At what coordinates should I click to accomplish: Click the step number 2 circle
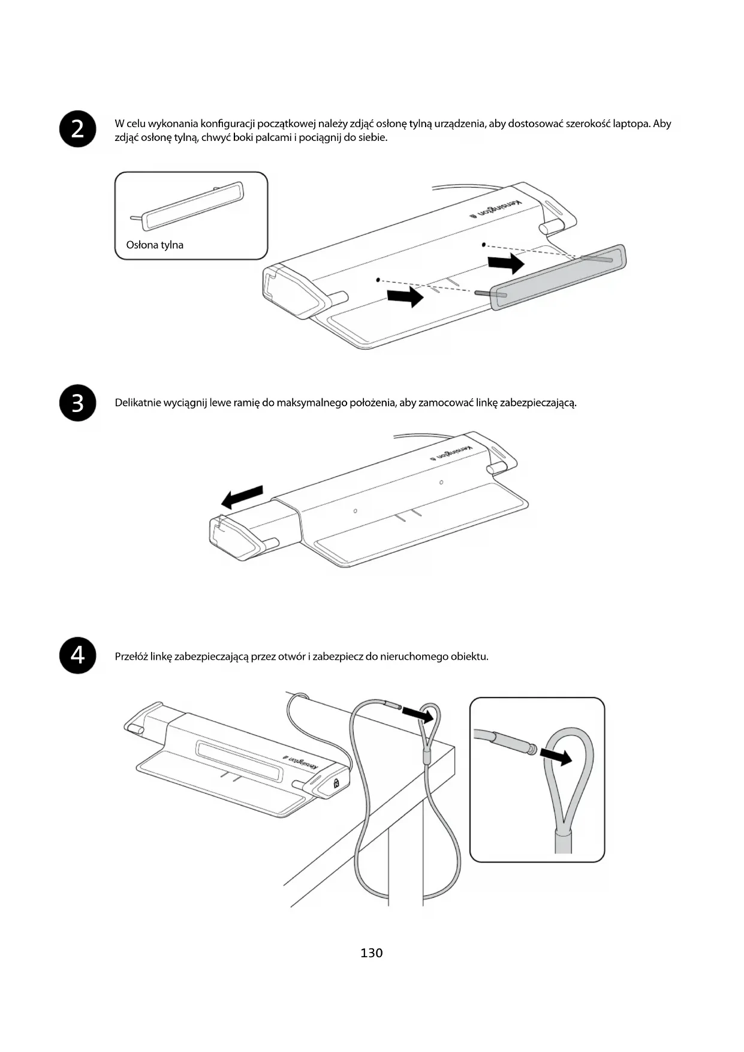tap(78, 129)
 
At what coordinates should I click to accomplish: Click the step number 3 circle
tap(78, 403)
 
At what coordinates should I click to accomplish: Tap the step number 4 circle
tap(78, 656)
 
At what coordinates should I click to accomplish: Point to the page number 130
tap(372, 953)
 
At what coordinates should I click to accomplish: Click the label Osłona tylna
tap(155, 245)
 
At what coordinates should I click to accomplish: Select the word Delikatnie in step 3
tap(138, 402)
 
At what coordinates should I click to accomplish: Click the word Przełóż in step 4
tap(131, 656)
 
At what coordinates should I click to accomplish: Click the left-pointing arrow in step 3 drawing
tap(242, 497)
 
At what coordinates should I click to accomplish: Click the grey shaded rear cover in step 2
tap(558, 277)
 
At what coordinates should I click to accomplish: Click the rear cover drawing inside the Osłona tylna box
tap(193, 205)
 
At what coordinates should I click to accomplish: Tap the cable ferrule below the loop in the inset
tap(563, 840)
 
